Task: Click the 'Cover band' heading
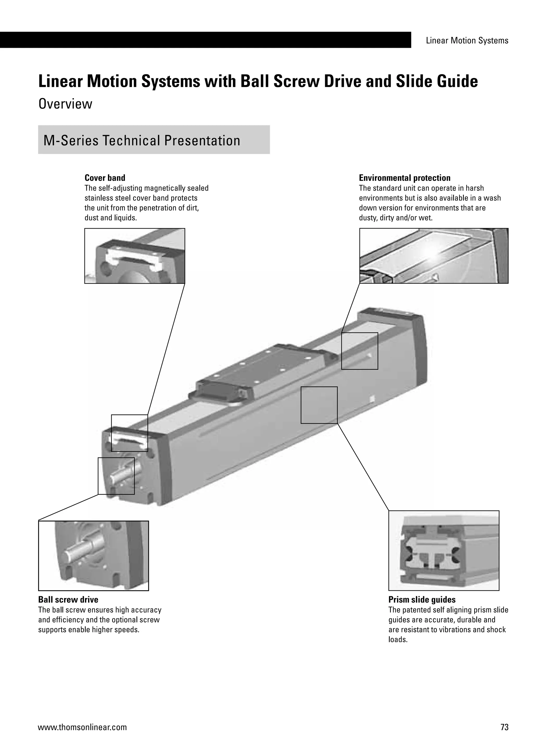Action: [x=105, y=178]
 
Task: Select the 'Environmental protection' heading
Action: [x=404, y=178]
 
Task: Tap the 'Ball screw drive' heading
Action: [x=68, y=599]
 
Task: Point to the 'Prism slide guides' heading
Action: [x=422, y=599]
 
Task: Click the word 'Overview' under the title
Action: [x=65, y=104]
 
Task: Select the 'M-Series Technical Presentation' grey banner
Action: [x=154, y=140]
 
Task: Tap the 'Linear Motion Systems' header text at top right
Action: [x=467, y=40]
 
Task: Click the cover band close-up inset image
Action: [x=135, y=256]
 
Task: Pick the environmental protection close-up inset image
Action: [x=433, y=256]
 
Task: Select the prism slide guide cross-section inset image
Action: [x=444, y=550]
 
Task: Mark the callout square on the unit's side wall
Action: [x=319, y=405]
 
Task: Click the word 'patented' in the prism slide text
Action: [x=415, y=610]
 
